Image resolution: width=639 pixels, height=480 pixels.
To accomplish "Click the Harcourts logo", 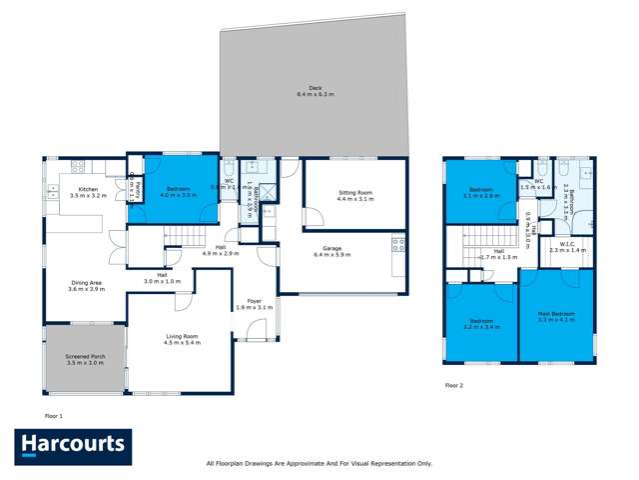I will tap(72, 445).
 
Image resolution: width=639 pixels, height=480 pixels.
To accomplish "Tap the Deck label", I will tap(315, 87).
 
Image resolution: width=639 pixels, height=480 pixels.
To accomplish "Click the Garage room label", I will tap(333, 249).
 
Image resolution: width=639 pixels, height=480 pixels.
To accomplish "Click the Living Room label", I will tap(182, 336).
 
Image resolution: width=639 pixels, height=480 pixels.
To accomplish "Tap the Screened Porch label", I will tap(84, 356).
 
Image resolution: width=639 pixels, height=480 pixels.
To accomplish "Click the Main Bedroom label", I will tap(557, 313).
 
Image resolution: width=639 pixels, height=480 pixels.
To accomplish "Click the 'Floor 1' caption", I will tap(54, 414).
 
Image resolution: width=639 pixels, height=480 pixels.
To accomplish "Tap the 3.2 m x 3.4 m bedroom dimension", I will tap(480, 327).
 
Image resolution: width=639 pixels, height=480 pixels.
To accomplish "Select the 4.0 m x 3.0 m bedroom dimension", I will tap(179, 195).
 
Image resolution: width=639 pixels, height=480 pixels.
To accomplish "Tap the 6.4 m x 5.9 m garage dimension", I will tap(333, 255).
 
